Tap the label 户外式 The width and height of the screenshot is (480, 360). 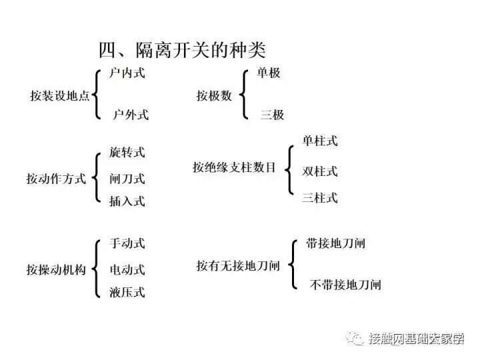[131, 115]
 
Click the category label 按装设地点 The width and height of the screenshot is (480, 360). [59, 95]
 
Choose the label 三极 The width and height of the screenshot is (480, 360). [272, 115]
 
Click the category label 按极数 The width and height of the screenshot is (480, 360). [214, 95]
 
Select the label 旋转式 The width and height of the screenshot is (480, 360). [127, 153]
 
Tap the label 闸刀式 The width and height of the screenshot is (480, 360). [127, 179]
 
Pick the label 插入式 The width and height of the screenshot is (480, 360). [127, 201]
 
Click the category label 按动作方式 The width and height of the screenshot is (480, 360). [56, 179]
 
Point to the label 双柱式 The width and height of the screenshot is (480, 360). [319, 171]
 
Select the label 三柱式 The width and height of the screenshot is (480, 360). [319, 197]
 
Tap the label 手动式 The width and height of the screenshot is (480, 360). [127, 244]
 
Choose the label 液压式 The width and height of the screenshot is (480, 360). [127, 292]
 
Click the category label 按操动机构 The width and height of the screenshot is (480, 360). [56, 270]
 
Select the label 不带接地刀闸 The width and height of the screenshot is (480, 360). [345, 285]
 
